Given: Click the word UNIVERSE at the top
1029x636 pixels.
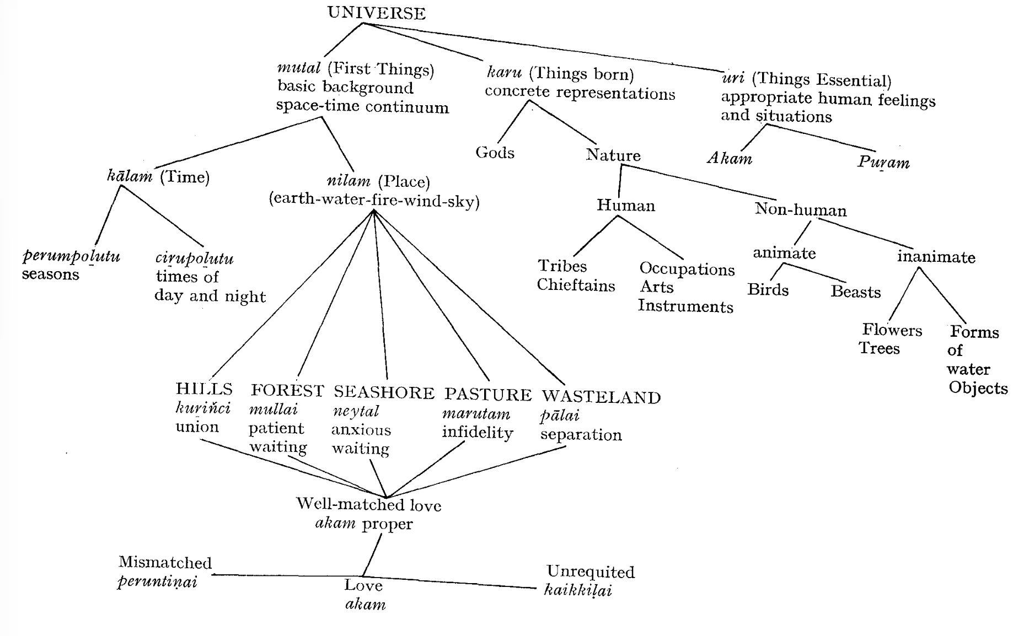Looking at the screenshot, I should tap(377, 13).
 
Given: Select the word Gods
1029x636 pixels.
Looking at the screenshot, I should tap(495, 153).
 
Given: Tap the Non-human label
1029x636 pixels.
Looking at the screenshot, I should tap(800, 209).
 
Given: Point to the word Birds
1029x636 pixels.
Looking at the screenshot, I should tap(768, 290).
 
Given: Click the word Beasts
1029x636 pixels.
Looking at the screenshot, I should tap(855, 292).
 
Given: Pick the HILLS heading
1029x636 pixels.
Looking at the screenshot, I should tap(204, 389).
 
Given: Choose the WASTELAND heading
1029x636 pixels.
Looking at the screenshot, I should tap(601, 397).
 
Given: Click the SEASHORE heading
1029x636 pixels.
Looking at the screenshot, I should tap(384, 392).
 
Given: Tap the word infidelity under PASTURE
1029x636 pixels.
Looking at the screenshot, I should tap(477, 433).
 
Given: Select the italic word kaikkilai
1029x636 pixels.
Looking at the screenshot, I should tap(578, 591).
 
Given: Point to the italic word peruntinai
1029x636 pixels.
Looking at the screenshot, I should tap(157, 581).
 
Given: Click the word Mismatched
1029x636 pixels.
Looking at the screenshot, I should tap(165, 563).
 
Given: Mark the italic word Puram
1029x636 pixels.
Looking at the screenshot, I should tap(883, 163).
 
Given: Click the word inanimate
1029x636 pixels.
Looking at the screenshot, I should tap(936, 257).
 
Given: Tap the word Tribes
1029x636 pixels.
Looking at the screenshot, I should tap(562, 266).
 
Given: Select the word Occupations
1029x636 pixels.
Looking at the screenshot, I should tap(687, 269).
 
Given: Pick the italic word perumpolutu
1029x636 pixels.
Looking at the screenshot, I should tap(71, 257).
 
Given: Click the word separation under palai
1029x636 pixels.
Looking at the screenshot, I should tap(581, 435).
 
